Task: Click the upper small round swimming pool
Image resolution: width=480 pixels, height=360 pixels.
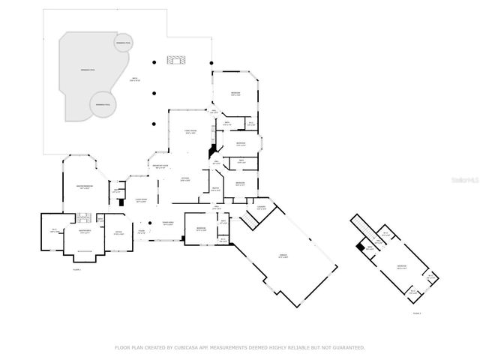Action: [124, 43]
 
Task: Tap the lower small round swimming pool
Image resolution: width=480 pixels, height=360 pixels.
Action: [102, 103]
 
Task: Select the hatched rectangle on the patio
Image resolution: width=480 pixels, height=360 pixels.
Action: [175, 60]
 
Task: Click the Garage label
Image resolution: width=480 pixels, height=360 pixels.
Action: [283, 256]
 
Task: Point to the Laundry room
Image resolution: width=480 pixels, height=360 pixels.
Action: [261, 209]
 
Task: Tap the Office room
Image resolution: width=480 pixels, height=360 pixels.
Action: [117, 232]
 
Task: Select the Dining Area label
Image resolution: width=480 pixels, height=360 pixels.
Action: [169, 223]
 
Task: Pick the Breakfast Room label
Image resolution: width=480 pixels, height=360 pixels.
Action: [160, 167]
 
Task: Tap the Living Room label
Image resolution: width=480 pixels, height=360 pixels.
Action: [141, 201]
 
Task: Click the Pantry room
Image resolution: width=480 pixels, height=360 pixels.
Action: [215, 190]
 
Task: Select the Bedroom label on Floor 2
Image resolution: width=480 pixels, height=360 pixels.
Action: [402, 266]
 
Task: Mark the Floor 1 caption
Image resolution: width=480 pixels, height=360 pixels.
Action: [76, 268]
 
